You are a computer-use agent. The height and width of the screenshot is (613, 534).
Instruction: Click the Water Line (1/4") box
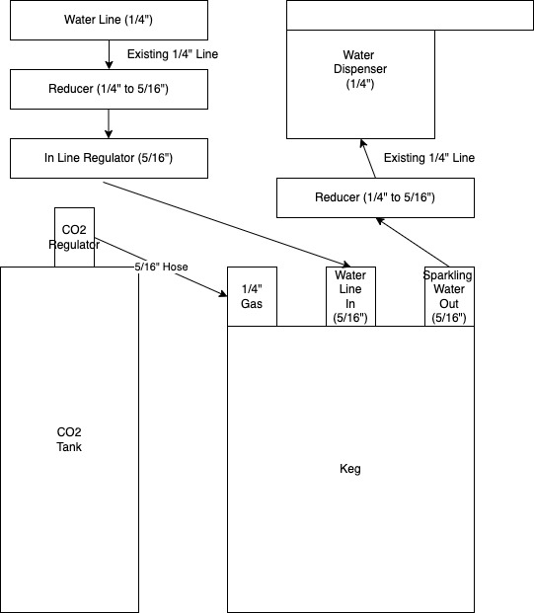click(x=109, y=19)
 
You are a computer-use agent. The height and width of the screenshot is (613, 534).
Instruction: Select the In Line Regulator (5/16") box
click(x=109, y=158)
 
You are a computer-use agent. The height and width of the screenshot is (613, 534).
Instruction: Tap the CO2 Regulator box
click(x=75, y=237)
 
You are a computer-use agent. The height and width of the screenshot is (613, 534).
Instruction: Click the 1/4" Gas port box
click(x=252, y=296)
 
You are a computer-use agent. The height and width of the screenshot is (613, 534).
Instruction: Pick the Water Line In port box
click(x=350, y=296)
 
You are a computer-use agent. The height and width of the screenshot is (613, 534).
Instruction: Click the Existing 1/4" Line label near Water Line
click(x=173, y=53)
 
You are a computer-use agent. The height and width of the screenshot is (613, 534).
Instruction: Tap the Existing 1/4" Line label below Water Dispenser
click(x=429, y=158)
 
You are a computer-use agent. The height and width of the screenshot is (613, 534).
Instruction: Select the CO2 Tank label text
click(x=69, y=439)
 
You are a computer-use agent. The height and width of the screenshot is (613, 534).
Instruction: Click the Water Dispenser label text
click(x=360, y=70)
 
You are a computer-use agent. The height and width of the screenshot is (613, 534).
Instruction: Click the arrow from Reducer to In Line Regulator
click(x=109, y=123)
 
